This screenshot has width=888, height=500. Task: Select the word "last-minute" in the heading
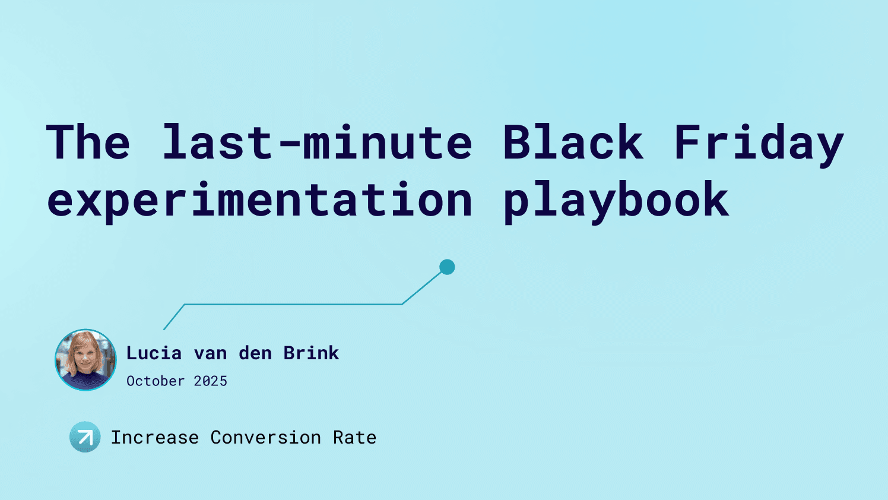(317, 143)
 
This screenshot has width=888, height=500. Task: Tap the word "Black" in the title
(573, 143)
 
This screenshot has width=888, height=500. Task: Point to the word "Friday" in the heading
(758, 143)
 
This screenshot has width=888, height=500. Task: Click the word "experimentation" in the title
(259, 200)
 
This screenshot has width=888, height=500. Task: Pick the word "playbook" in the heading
(616, 200)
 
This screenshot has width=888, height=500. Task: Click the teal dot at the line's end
(447, 267)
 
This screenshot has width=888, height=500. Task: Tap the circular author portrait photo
(85, 360)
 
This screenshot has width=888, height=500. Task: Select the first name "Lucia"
(154, 353)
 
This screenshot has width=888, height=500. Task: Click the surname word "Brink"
(311, 353)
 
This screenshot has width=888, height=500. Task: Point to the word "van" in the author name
(210, 353)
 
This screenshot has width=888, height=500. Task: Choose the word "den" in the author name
(255, 353)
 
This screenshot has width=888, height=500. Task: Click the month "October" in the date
(156, 381)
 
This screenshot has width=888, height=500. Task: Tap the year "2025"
(211, 381)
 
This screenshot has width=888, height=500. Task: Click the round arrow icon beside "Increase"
(85, 437)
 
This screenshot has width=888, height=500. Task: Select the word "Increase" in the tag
(155, 438)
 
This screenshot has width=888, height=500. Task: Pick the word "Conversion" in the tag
(265, 438)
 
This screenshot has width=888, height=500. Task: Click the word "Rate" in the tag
(354, 438)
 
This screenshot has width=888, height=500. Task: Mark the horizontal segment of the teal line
(293, 305)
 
